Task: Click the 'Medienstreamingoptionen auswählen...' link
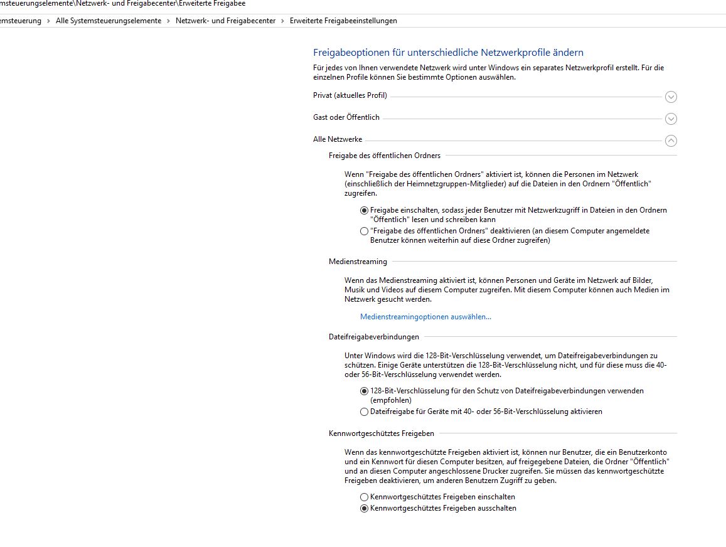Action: point(425,317)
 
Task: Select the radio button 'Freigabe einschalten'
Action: point(365,210)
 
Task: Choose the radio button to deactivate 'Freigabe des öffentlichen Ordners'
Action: point(365,231)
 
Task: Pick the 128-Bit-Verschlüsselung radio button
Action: point(365,391)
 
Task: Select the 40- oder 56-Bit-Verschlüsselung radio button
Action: point(365,412)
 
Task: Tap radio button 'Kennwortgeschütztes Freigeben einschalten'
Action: point(365,497)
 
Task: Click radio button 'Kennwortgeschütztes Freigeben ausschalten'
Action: point(365,509)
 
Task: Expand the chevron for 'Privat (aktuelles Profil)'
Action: point(671,97)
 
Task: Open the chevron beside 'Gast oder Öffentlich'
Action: point(671,119)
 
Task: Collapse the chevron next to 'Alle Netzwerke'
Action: point(671,141)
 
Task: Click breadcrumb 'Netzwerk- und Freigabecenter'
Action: point(225,21)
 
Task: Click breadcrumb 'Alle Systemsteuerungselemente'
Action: point(108,21)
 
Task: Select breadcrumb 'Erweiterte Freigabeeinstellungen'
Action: point(343,21)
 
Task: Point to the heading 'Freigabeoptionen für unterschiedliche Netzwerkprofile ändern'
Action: point(448,53)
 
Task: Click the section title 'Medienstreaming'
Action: point(358,262)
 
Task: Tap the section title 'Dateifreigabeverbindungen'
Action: point(374,337)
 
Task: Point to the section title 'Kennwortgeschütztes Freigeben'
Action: point(382,433)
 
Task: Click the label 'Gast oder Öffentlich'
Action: point(346,117)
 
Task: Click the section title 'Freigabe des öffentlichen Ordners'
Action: point(385,156)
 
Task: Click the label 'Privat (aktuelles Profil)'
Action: point(350,95)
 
